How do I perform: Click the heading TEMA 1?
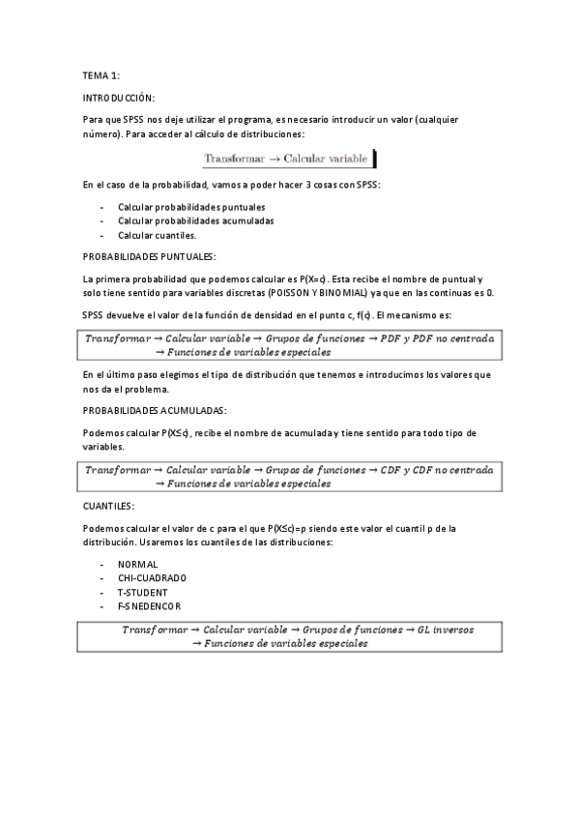(101, 74)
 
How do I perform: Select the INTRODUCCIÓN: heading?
(119, 98)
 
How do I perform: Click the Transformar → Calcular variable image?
(289, 158)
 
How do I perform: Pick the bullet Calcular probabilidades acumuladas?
(182, 221)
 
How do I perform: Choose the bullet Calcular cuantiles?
(157, 235)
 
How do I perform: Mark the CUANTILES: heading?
(109, 506)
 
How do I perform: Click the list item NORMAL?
(137, 565)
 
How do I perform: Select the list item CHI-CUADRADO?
(152, 578)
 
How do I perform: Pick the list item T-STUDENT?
(143, 592)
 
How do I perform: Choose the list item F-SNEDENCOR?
(149, 605)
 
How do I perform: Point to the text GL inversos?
(446, 630)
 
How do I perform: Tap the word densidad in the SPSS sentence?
(274, 316)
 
